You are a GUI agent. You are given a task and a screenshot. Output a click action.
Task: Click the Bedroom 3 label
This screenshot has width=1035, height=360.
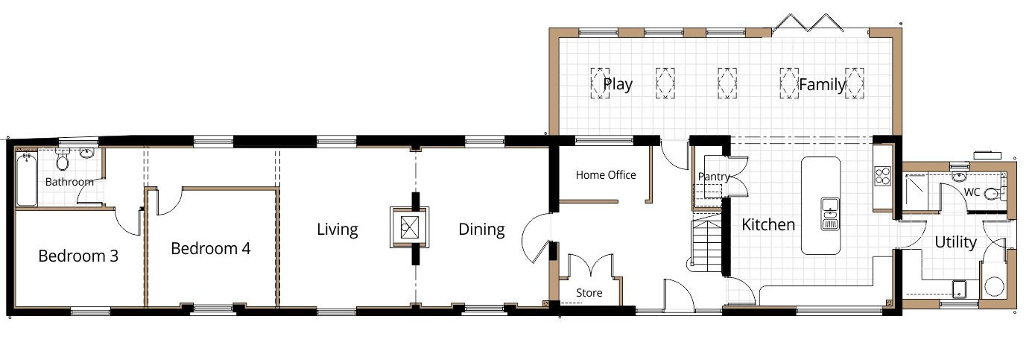click(x=78, y=256)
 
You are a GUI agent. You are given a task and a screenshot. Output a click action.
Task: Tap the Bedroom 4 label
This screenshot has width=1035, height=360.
click(x=211, y=249)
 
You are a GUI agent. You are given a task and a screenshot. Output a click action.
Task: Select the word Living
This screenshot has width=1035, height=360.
click(x=338, y=230)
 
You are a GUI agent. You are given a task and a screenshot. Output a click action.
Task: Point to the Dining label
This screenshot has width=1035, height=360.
click(x=481, y=230)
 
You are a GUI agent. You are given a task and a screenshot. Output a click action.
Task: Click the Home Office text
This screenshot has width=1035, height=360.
click(x=606, y=175)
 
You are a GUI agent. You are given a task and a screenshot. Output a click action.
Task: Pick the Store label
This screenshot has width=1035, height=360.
click(x=589, y=293)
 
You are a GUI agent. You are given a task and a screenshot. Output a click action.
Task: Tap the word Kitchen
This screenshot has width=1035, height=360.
click(x=768, y=225)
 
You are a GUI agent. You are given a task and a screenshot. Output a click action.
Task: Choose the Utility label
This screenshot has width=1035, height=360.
click(x=955, y=242)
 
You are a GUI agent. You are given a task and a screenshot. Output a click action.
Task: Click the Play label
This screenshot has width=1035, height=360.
click(x=618, y=84)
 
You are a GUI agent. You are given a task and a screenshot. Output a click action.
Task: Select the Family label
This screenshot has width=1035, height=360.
click(x=822, y=84)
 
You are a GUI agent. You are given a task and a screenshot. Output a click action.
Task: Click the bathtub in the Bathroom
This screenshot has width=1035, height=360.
click(x=27, y=180)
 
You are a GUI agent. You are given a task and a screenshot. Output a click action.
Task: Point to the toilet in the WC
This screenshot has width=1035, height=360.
click(x=993, y=193)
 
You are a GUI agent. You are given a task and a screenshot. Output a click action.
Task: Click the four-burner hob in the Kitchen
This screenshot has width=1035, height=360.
click(x=882, y=176)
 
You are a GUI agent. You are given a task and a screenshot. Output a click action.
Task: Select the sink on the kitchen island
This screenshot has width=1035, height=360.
click(x=830, y=213)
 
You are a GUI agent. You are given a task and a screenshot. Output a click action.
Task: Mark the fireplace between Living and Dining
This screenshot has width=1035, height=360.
click(x=409, y=227)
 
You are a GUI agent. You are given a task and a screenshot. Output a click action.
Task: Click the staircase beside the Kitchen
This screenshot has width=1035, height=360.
click(x=706, y=244)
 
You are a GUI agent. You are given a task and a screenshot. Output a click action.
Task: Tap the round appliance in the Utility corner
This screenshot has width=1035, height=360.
click(x=993, y=286)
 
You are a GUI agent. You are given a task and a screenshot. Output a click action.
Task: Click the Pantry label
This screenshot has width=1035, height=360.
click(x=713, y=177)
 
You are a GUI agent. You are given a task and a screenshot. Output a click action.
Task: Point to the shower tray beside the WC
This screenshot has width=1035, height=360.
click(x=915, y=189)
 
